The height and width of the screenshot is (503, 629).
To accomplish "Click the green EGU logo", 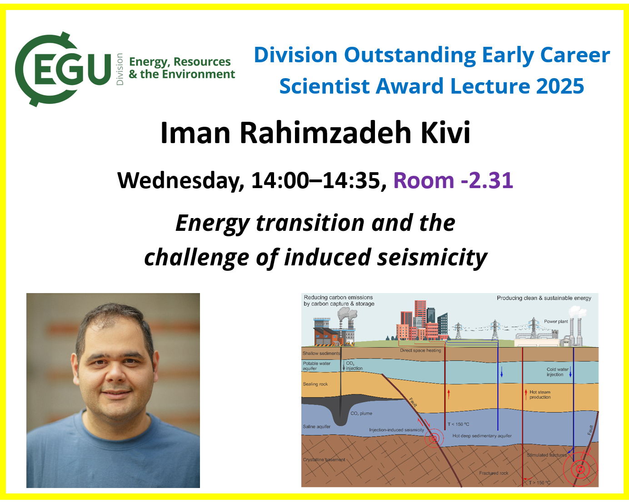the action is coord(63,69).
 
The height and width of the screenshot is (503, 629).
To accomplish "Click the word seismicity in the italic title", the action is coord(432,258).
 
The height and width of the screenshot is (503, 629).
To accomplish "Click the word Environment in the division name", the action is coord(199,74).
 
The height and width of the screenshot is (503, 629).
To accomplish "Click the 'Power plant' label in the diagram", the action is coord(556,322).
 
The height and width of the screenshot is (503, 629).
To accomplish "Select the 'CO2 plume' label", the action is coord(361,413).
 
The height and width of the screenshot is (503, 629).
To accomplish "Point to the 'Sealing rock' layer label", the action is coord(315,384).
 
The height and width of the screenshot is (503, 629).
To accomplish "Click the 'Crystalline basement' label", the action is coord(324,460).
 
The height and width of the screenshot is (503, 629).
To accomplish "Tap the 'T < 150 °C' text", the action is coord(458,424).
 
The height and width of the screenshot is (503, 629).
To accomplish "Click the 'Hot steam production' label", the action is coord(540,394).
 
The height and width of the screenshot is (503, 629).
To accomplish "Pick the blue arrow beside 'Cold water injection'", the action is coord(570,372).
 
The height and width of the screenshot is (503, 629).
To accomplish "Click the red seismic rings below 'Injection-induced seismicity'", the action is coord(434,438).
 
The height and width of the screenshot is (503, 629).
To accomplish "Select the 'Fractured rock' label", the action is coord(494,473).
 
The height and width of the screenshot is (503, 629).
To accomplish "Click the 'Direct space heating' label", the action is coord(420,350).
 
